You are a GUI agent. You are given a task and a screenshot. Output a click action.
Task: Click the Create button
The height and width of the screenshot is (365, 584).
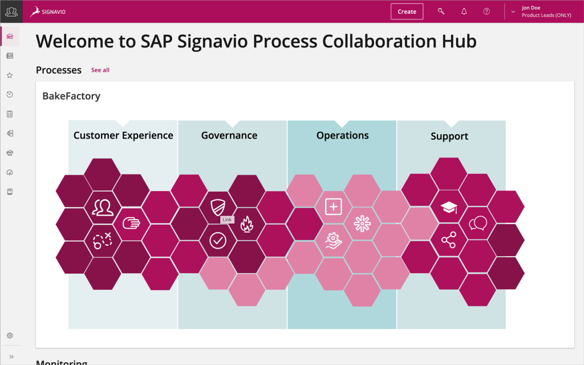click(407, 11)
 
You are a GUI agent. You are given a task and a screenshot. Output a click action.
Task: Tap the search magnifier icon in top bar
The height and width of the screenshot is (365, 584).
click(441, 11)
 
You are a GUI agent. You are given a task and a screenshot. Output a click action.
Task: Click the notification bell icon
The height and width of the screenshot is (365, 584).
click(464, 11)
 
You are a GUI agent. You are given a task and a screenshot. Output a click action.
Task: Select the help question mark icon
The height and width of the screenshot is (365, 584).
click(486, 11)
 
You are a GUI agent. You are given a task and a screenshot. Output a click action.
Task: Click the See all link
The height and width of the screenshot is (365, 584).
click(100, 70)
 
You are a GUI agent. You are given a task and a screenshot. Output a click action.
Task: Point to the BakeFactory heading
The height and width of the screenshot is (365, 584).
click(71, 96)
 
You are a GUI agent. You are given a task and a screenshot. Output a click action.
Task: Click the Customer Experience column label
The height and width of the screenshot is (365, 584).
click(123, 136)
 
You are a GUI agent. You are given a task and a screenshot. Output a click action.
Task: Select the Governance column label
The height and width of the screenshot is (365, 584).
click(229, 136)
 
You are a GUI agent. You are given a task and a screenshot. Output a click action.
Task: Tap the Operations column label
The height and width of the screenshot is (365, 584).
click(342, 136)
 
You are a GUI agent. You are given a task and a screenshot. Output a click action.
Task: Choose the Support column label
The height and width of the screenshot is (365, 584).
click(449, 136)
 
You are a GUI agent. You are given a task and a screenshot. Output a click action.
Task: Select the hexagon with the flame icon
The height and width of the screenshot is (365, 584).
click(246, 224)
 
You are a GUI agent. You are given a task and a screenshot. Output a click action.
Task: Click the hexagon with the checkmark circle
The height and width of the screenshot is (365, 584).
click(218, 241)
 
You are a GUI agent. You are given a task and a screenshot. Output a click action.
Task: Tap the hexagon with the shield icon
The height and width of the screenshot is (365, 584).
click(218, 206)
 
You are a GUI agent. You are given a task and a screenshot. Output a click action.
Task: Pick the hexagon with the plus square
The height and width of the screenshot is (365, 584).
click(333, 206)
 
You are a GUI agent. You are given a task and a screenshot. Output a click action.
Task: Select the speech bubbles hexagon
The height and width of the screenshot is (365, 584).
click(477, 224)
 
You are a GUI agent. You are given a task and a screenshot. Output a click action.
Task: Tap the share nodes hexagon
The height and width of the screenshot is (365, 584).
click(449, 240)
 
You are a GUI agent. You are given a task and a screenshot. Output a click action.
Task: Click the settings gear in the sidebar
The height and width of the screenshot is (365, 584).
click(10, 335)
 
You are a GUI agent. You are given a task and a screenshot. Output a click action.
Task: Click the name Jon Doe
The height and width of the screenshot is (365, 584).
click(531, 8)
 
